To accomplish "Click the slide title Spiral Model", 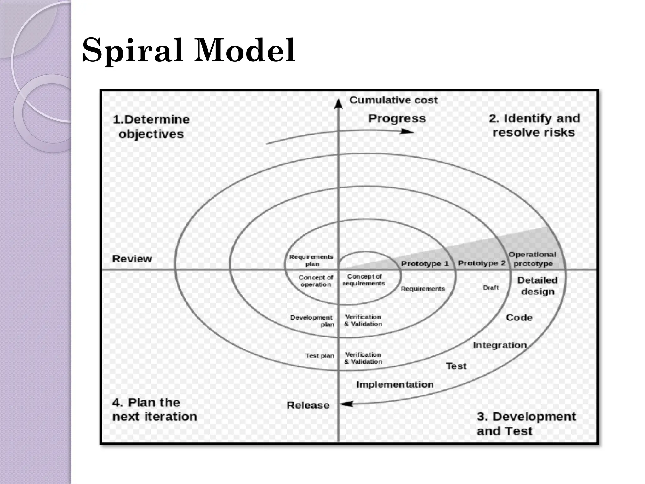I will (x=188, y=50).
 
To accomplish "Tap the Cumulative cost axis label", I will (x=393, y=100).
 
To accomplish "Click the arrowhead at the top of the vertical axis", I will (x=338, y=103).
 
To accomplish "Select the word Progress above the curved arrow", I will (x=397, y=118).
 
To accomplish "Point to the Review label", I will (x=132, y=259).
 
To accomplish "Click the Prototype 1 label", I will (x=425, y=263).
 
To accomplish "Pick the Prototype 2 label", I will (x=482, y=263).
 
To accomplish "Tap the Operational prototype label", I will (x=533, y=259).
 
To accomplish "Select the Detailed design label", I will (x=537, y=286).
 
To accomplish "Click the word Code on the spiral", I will (x=519, y=317).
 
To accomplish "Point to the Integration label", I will (x=500, y=345).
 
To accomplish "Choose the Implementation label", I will (x=395, y=384).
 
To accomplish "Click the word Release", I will (x=308, y=405).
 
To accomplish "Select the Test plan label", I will (x=319, y=356).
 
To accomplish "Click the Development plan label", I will (x=311, y=321).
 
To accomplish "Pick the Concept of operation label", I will (x=316, y=281).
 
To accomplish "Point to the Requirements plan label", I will (x=311, y=260).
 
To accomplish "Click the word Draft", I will (x=491, y=288).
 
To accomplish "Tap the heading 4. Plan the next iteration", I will (x=154, y=409).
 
